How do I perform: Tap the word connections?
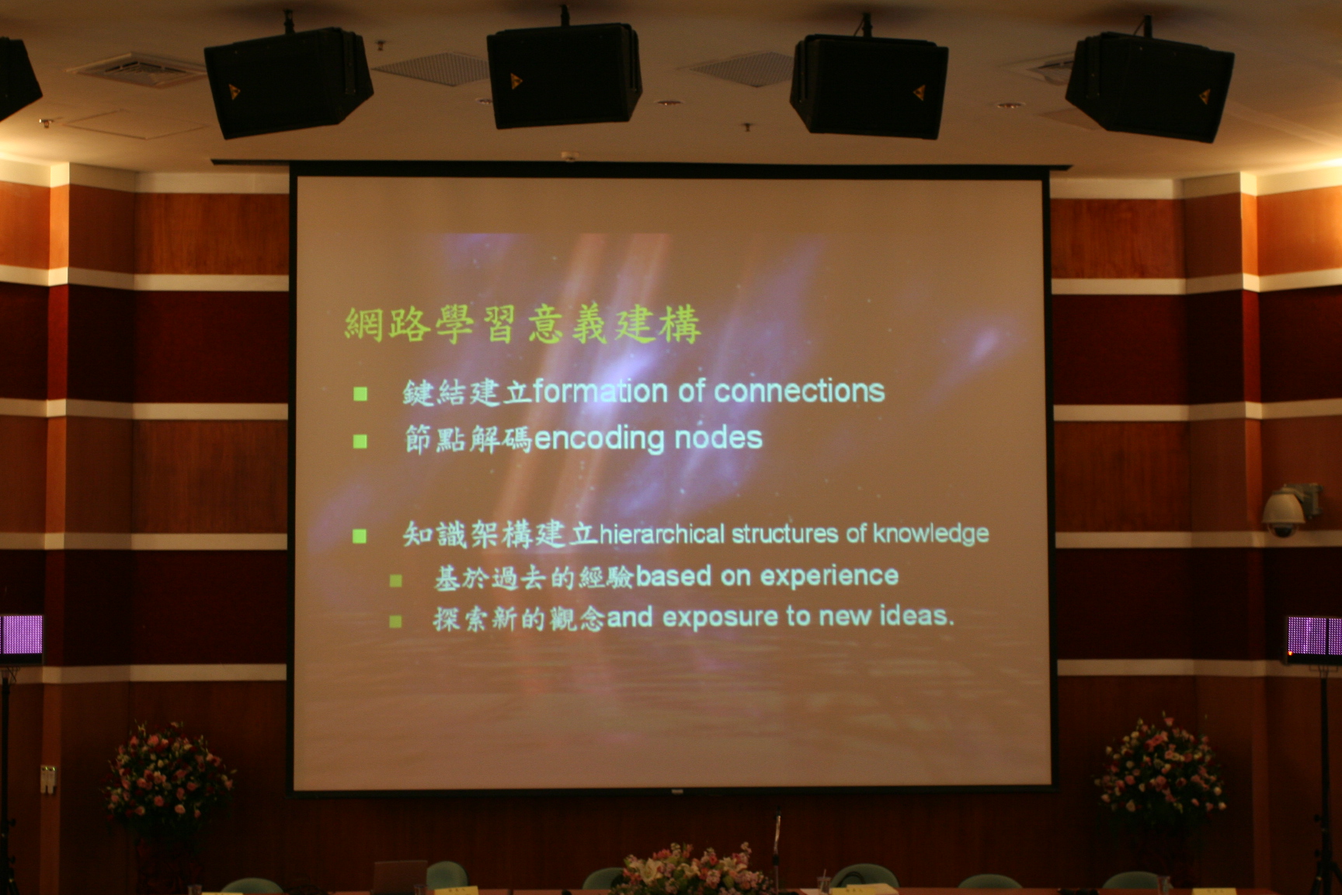(799, 391)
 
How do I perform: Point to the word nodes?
(718, 438)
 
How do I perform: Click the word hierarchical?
(662, 534)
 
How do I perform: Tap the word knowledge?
(930, 534)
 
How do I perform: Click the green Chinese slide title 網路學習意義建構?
(523, 325)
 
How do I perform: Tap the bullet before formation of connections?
(360, 394)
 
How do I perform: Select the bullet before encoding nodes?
(360, 441)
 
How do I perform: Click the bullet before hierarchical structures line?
(360, 535)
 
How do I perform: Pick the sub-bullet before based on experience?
(396, 580)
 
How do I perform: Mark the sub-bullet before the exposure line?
(396, 621)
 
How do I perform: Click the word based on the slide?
(673, 576)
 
